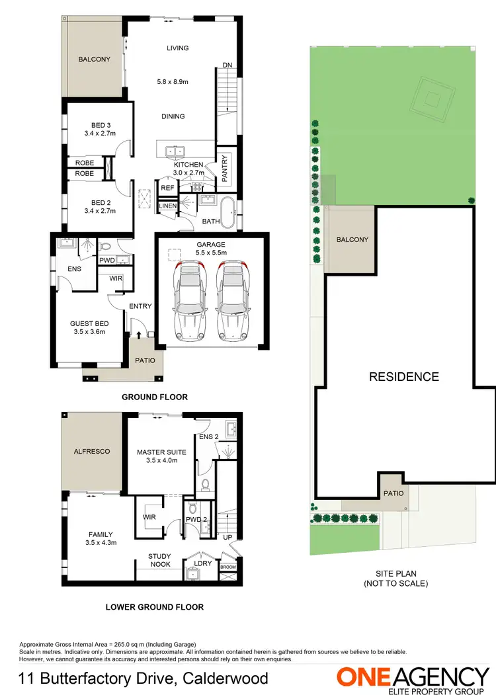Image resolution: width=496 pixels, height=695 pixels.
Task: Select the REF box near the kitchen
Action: point(167,188)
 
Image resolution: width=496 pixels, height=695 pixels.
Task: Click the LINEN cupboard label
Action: point(167,206)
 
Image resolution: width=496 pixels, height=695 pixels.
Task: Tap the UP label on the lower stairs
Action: point(227,537)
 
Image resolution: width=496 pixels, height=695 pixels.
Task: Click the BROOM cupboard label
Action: point(227,567)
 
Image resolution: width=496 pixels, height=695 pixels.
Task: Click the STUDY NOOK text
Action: point(160,560)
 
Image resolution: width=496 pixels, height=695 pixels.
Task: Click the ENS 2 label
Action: point(208,437)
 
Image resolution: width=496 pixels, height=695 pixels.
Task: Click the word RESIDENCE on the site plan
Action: point(403,376)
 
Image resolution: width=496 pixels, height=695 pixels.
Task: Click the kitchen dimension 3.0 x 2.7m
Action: point(188,173)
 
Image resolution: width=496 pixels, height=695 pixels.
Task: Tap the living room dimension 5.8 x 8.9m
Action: point(173,82)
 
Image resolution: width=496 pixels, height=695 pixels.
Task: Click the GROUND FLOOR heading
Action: point(155,397)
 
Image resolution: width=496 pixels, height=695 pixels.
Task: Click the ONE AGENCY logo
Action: point(413,678)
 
